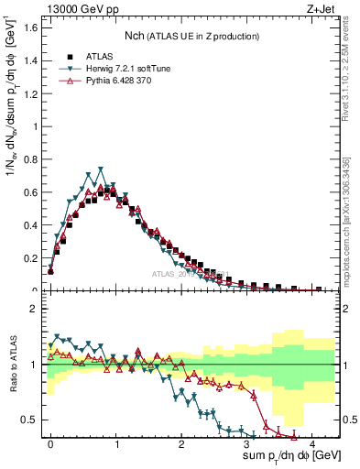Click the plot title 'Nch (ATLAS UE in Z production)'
191,36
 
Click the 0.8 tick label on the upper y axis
29,159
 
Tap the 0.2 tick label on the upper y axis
29,258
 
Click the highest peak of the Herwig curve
101,169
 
